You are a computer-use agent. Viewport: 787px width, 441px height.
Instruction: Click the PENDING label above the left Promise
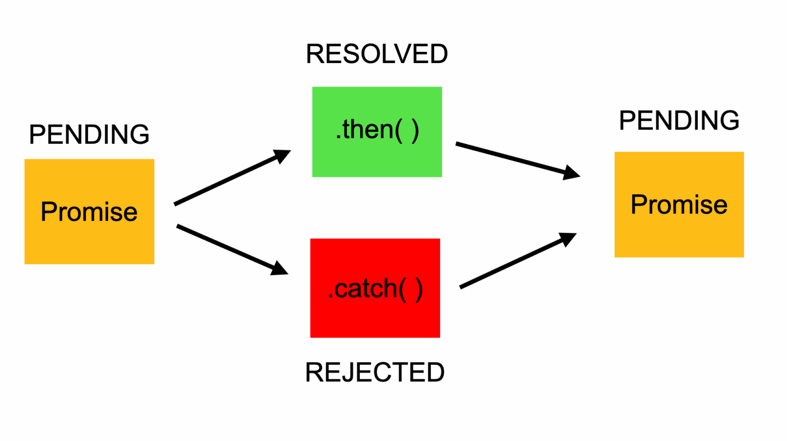[x=89, y=135]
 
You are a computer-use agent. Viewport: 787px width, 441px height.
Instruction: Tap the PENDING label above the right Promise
[x=679, y=121]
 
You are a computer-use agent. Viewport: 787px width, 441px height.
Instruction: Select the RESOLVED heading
[x=377, y=54]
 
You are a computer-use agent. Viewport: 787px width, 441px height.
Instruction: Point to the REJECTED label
[x=375, y=372]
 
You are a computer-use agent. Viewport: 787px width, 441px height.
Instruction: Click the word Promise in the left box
[x=89, y=212]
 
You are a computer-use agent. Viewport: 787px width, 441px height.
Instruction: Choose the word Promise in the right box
[x=679, y=205]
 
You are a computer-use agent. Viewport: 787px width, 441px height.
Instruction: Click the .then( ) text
[x=377, y=130]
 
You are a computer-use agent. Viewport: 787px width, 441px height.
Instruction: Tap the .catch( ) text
[x=375, y=289]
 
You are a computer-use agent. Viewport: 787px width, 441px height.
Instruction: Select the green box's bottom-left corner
[x=313, y=176]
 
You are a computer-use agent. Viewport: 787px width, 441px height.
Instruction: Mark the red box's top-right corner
[x=439, y=239]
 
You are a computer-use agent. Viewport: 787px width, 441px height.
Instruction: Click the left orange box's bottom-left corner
[x=26, y=263]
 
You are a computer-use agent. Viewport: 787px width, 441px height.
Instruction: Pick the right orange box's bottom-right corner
[x=743, y=257]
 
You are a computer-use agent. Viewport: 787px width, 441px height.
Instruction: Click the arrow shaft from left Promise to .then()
[x=225, y=181]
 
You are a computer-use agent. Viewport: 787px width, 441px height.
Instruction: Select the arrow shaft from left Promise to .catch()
[x=225, y=247]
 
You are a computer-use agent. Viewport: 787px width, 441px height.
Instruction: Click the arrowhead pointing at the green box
[x=283, y=155]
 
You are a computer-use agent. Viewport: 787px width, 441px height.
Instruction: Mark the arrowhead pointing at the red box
[x=280, y=269]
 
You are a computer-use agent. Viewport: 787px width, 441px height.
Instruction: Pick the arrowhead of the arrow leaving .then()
[x=571, y=173]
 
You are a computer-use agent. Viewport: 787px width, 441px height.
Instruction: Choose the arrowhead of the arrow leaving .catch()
[x=568, y=239]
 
